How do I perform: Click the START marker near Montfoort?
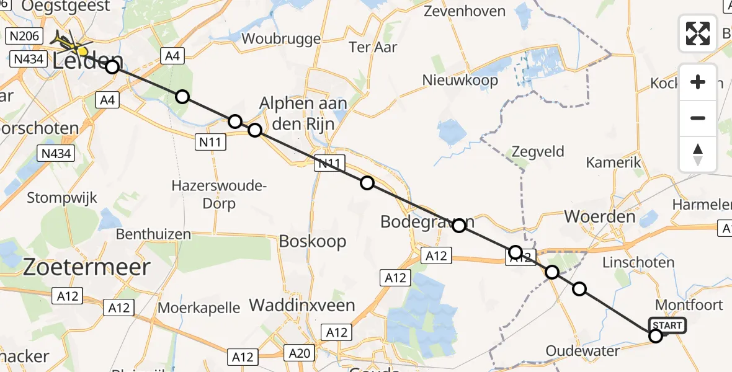667,325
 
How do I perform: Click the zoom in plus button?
698,82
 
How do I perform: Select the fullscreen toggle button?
698,33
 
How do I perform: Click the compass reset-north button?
698,154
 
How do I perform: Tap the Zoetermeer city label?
87,267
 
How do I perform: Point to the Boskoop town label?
313,241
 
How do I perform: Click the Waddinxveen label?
302,305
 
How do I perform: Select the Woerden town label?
599,216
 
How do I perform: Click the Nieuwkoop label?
460,80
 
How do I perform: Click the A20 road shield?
299,353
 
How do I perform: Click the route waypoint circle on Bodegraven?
459,226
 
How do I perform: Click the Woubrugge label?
281,38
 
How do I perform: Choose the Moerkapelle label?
199,307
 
